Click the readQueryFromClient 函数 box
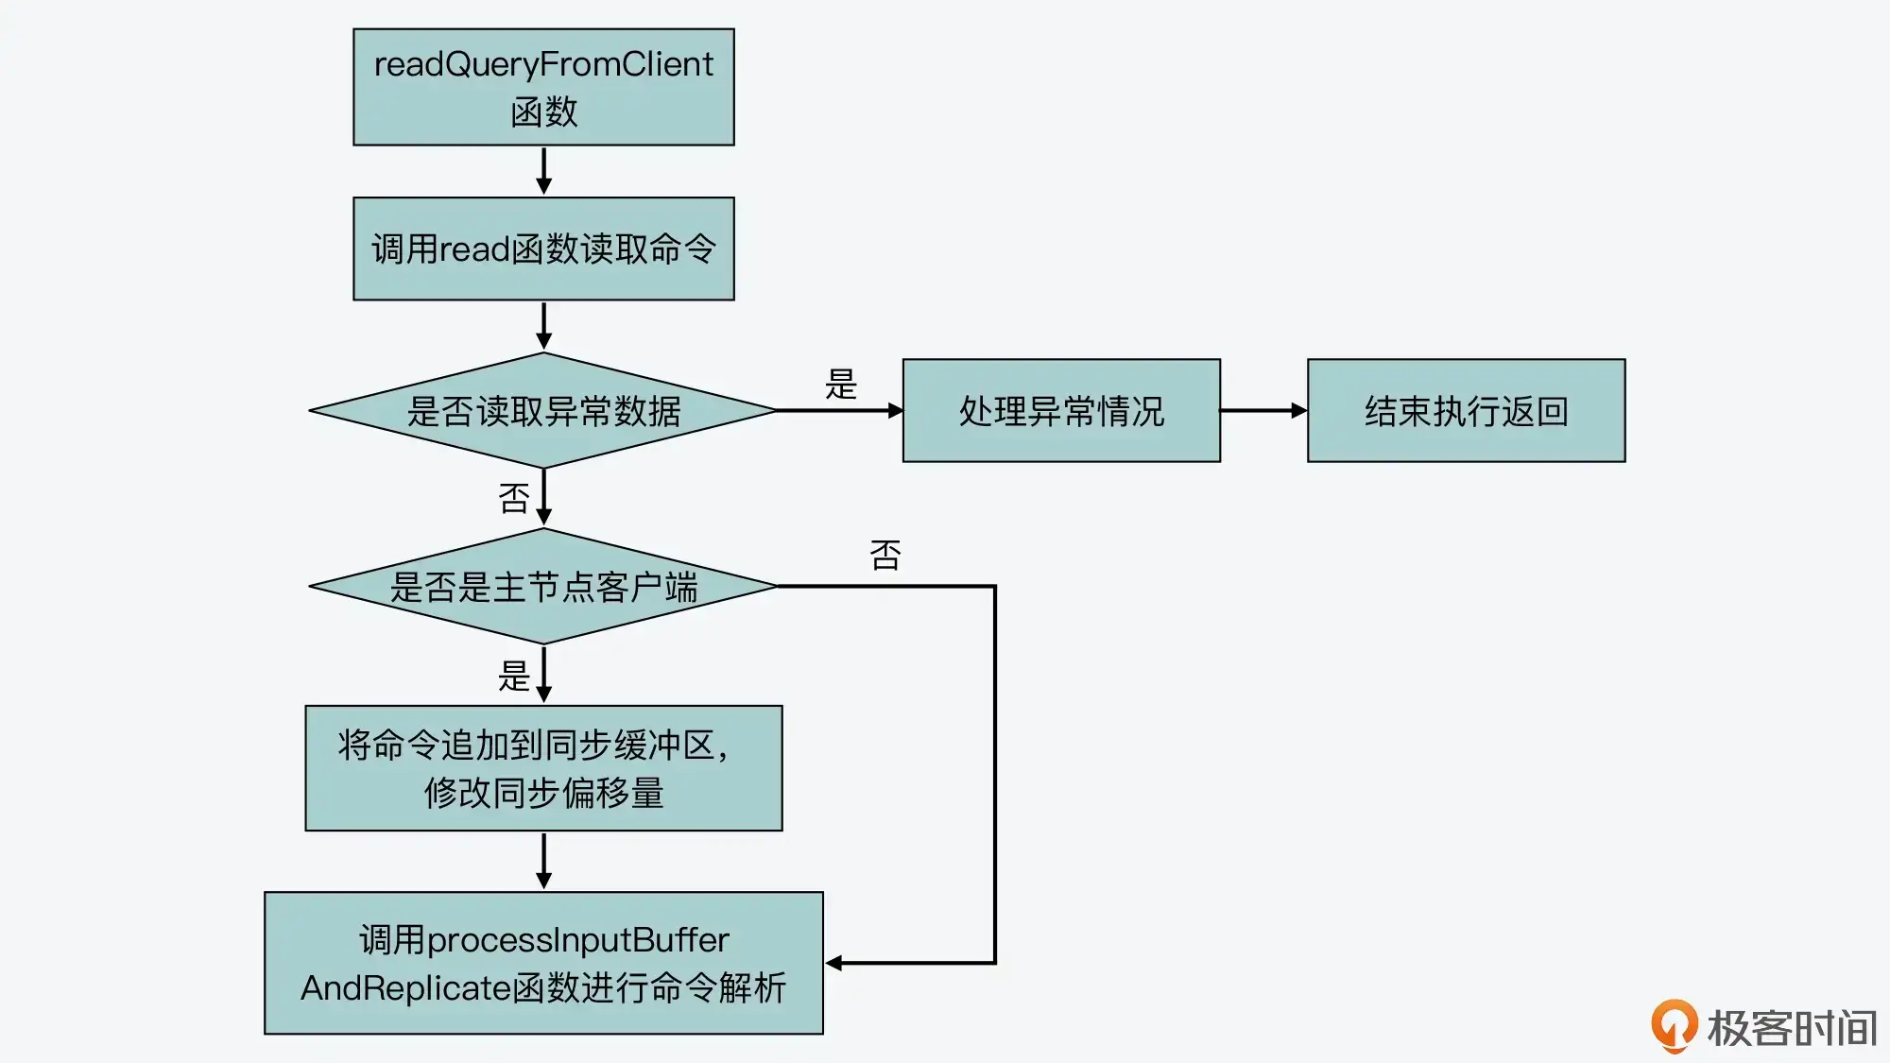(x=543, y=87)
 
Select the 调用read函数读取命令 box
(x=543, y=249)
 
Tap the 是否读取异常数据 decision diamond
(x=543, y=411)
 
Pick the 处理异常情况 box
(x=1061, y=411)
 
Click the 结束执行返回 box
(x=1466, y=411)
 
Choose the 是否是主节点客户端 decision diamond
(x=543, y=587)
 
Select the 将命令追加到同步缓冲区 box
(x=543, y=768)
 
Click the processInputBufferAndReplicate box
(x=543, y=963)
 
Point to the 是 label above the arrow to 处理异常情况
(x=840, y=385)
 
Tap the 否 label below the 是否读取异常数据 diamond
(x=514, y=498)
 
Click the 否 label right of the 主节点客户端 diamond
(x=885, y=555)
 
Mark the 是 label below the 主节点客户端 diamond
(x=514, y=676)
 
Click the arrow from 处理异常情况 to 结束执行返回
(x=1263, y=411)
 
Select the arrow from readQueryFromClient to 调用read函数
(x=543, y=171)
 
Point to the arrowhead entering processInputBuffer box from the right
(x=833, y=963)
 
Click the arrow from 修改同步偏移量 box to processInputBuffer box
(x=543, y=861)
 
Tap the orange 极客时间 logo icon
(x=1674, y=1025)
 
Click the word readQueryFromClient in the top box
(x=543, y=64)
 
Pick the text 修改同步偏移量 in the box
(x=543, y=793)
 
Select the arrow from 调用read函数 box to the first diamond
(x=543, y=326)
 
